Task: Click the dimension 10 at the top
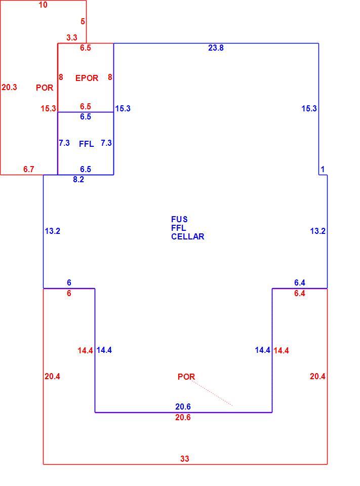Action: pos(43,5)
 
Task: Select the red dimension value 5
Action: pos(83,21)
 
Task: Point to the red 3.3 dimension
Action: pos(71,37)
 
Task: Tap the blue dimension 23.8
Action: pos(216,48)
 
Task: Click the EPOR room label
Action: pos(87,78)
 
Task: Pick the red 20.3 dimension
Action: pos(9,88)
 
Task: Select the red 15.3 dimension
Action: pos(49,108)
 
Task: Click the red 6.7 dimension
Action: pos(28,169)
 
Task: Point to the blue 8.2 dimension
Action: pos(78,179)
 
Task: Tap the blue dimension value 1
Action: pos(323,169)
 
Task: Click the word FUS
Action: pos(179,219)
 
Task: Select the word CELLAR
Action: pos(188,236)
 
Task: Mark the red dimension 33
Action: pos(184,459)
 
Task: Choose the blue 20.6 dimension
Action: pos(183,407)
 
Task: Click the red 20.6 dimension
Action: pos(183,418)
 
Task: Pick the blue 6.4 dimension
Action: pos(300,282)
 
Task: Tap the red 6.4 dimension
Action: pos(300,293)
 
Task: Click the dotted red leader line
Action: pos(212,393)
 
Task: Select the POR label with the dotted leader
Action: pos(186,377)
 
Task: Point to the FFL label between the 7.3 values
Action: pos(87,144)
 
